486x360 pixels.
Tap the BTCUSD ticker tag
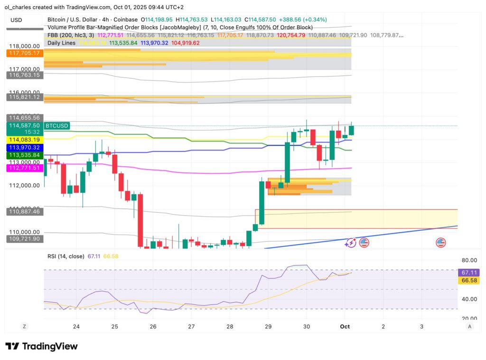click(x=57, y=126)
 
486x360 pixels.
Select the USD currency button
click(x=16, y=20)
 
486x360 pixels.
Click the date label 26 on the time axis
click(x=153, y=326)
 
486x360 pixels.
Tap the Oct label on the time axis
click(x=345, y=326)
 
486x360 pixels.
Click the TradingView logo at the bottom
click(x=41, y=346)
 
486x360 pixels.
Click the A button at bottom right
click(x=469, y=326)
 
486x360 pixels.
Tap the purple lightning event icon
click(x=351, y=243)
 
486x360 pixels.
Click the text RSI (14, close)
click(x=66, y=256)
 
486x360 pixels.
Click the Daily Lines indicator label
click(x=62, y=43)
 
